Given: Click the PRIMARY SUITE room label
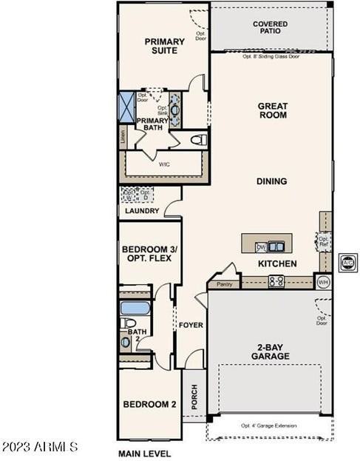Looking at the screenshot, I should coord(164,47).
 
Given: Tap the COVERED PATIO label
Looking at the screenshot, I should coord(270,29).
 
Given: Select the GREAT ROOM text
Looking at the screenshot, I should coord(272,111).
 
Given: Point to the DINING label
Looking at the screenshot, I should coord(271,181).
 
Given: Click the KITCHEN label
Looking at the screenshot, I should coord(277,263).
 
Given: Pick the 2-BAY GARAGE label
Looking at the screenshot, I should coord(269,351).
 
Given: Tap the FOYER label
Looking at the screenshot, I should coord(191,325).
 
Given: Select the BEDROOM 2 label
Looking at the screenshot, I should coord(149,405).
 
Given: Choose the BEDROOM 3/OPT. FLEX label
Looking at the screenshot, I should coord(146,254).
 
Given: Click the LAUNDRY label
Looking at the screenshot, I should coord(142,211).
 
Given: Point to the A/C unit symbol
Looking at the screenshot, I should coord(347,262).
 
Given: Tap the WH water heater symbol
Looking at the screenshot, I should coord(323,281).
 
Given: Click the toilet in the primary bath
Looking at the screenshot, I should coord(197,139).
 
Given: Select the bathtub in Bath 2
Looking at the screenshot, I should coord(135,307).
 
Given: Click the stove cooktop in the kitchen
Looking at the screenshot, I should coord(276,280).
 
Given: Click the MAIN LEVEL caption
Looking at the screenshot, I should coord(145,453).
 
